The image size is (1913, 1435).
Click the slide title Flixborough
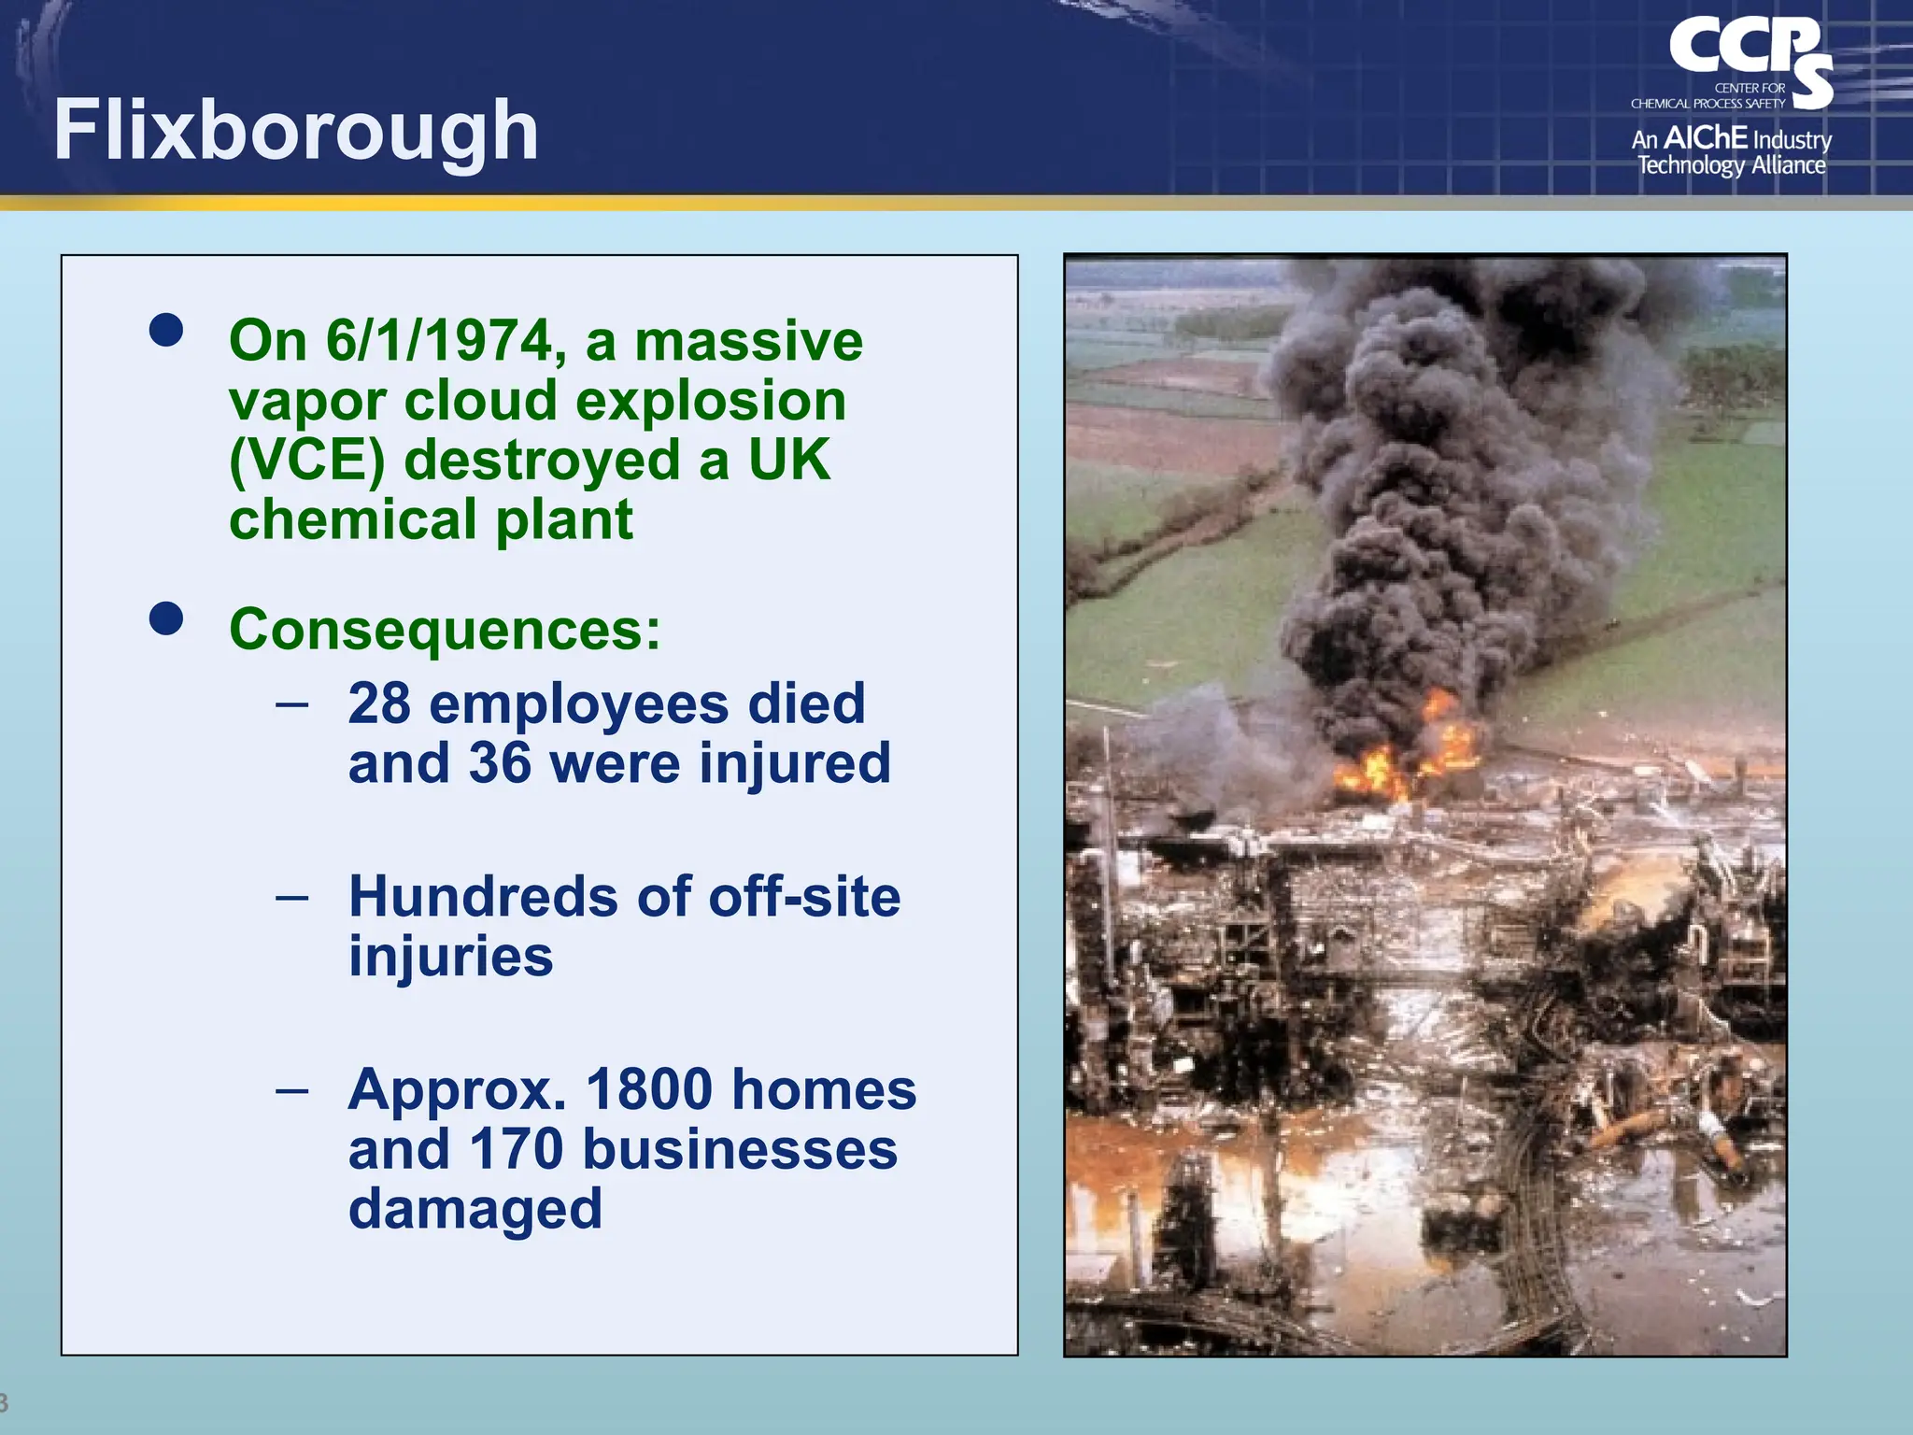(x=295, y=131)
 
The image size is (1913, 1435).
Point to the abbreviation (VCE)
(x=306, y=461)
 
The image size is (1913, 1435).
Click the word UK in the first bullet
(x=788, y=460)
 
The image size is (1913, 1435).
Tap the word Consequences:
(x=445, y=629)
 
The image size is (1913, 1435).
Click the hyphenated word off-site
(x=804, y=897)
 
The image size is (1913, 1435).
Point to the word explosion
(x=711, y=401)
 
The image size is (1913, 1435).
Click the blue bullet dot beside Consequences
(x=166, y=618)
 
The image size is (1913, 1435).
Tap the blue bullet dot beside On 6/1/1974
(x=166, y=330)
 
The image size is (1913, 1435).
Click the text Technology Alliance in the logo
(x=1731, y=165)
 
